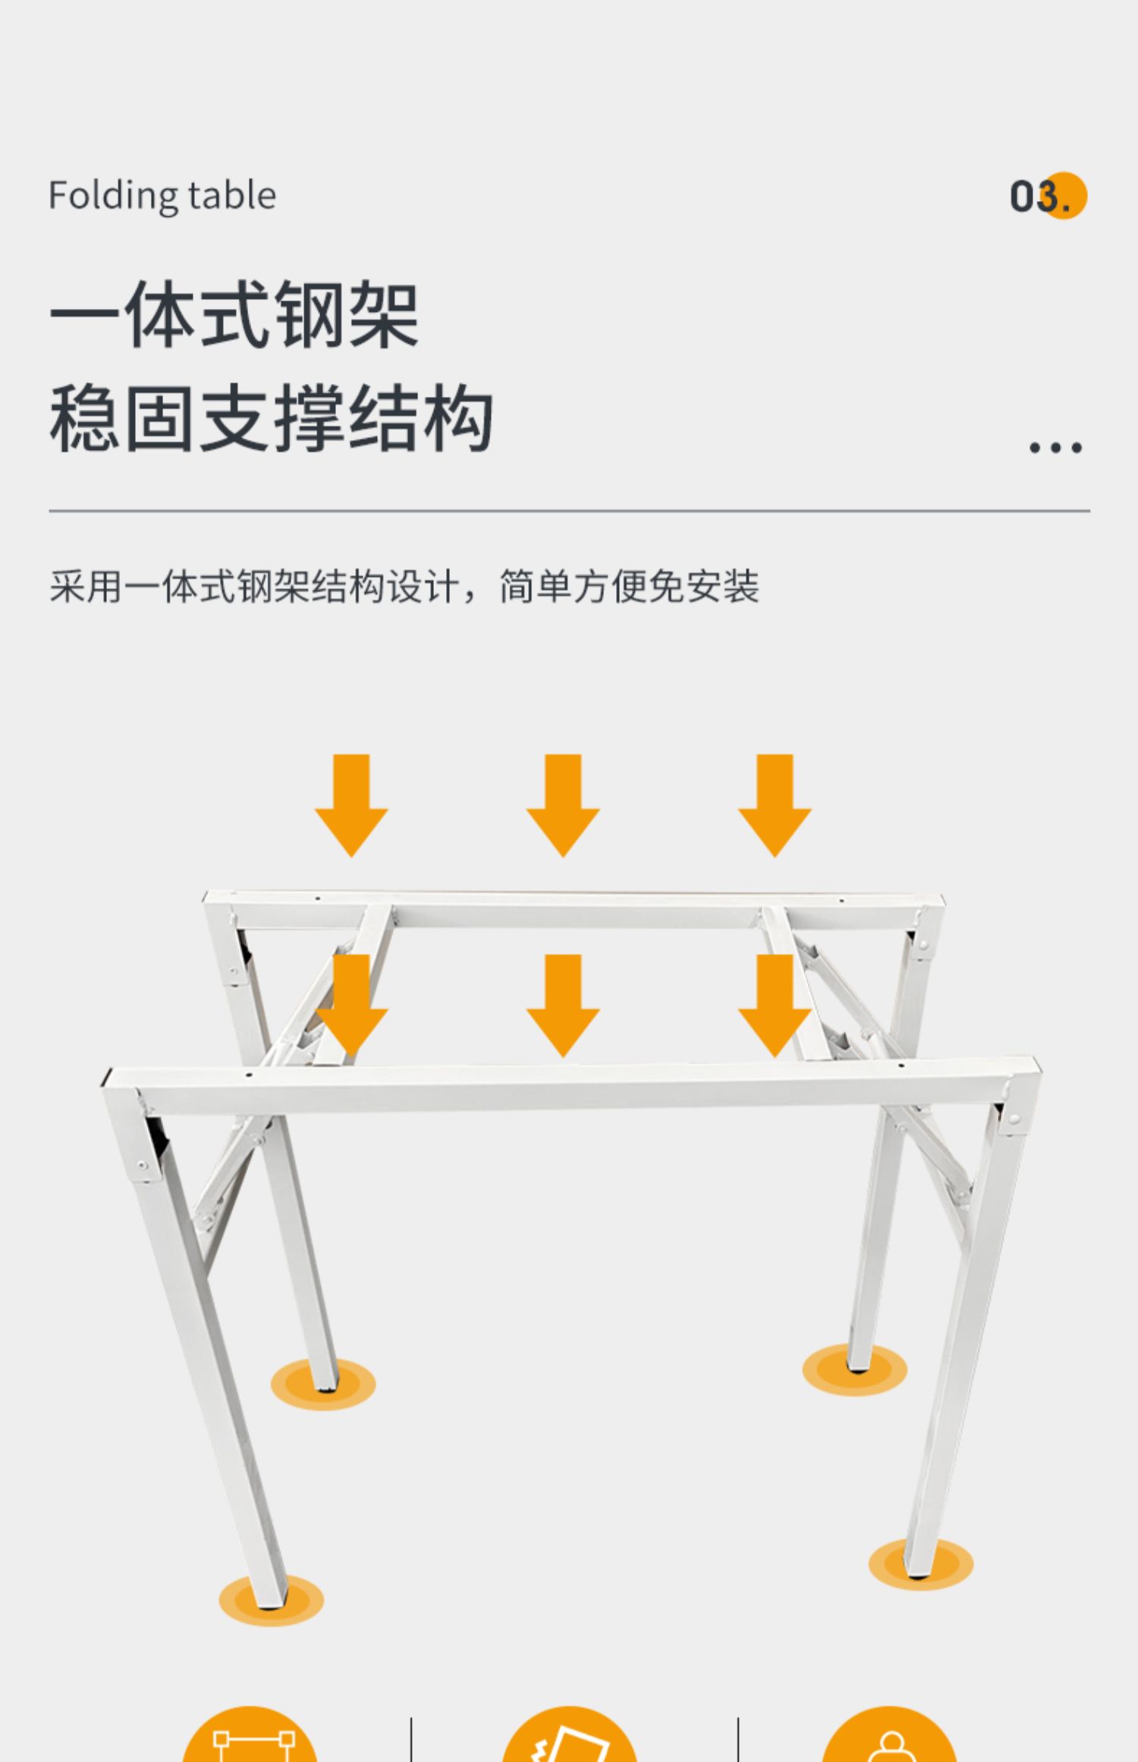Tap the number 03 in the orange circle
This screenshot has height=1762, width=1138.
point(1047,197)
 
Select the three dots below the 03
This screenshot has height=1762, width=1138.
point(1055,448)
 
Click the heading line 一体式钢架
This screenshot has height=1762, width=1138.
point(234,315)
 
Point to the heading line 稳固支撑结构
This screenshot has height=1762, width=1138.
point(271,418)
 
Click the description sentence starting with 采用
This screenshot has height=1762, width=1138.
point(404,587)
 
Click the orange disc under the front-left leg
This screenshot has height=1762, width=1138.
point(271,1600)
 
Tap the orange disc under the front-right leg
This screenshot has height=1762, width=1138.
point(920,1564)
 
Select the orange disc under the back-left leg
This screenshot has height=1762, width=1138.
point(323,1385)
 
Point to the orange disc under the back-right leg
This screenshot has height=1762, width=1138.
point(854,1370)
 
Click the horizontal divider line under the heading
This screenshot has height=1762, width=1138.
point(569,511)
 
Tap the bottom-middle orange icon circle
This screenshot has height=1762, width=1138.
point(569,1738)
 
